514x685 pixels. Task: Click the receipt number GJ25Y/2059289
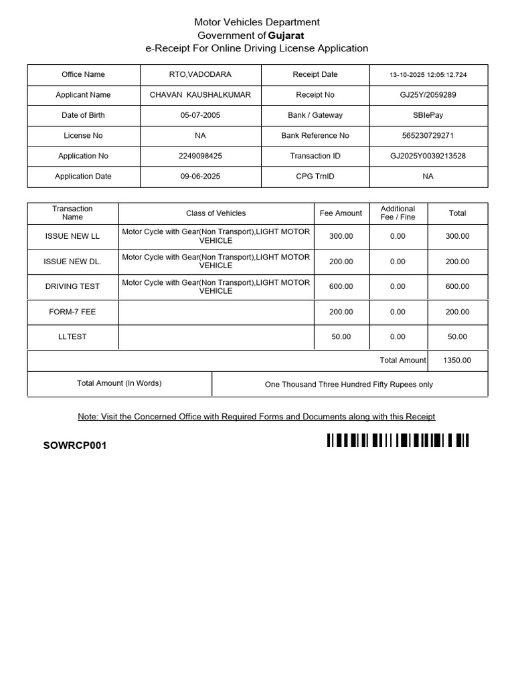tap(428, 95)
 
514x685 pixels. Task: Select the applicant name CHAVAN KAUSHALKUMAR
tap(200, 95)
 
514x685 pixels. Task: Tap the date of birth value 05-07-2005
tap(200, 115)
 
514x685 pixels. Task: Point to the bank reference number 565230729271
tap(428, 136)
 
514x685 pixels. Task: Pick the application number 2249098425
tap(200, 156)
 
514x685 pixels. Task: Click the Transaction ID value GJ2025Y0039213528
tap(428, 156)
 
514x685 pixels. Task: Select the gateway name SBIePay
tap(428, 115)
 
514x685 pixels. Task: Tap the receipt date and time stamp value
tap(428, 75)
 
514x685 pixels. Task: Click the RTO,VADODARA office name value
tap(200, 74)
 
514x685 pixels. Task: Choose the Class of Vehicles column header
tap(216, 213)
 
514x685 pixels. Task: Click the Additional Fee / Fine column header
tap(398, 213)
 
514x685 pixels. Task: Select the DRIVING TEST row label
tap(72, 286)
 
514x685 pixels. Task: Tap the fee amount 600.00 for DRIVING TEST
tap(341, 286)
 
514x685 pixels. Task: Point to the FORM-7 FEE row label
tap(72, 312)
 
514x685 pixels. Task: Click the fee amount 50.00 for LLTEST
tap(341, 336)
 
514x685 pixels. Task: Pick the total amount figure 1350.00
tap(457, 360)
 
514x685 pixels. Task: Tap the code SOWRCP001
tap(75, 446)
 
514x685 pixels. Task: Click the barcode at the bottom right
tap(398, 440)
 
